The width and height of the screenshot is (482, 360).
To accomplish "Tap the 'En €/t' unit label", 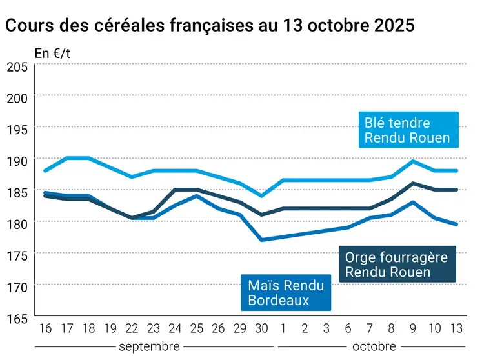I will tap(52, 54).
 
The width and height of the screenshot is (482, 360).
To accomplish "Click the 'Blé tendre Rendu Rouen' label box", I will tap(407, 130).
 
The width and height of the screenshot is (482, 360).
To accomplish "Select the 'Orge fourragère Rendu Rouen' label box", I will tap(396, 265).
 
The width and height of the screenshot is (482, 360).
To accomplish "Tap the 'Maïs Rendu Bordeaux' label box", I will tap(286, 292).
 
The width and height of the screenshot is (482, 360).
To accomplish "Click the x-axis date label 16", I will tap(45, 329).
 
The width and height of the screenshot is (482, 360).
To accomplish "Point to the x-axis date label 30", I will tap(262, 329).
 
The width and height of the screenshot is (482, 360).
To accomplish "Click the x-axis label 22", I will tap(132, 329).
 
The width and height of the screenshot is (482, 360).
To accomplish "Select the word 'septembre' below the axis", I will tap(149, 346).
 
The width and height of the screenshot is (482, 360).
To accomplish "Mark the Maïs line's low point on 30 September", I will tap(262, 240).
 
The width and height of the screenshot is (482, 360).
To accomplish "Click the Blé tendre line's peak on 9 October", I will tap(413, 161).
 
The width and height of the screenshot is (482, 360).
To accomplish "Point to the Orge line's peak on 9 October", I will tap(413, 183).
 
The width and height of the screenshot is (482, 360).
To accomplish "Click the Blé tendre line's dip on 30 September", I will tap(262, 195).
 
